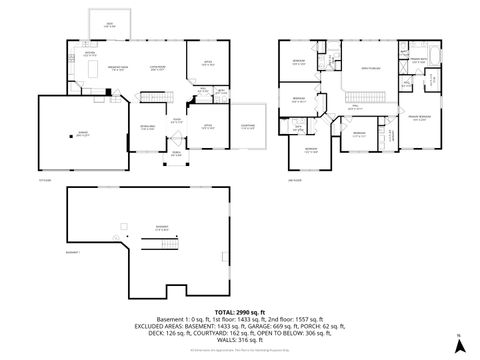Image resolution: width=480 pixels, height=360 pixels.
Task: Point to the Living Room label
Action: point(156,68)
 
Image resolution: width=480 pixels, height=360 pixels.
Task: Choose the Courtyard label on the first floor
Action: point(248,125)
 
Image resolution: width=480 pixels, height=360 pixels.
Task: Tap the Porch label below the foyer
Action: point(175,154)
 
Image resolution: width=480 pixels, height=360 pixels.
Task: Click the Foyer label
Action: point(175,120)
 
